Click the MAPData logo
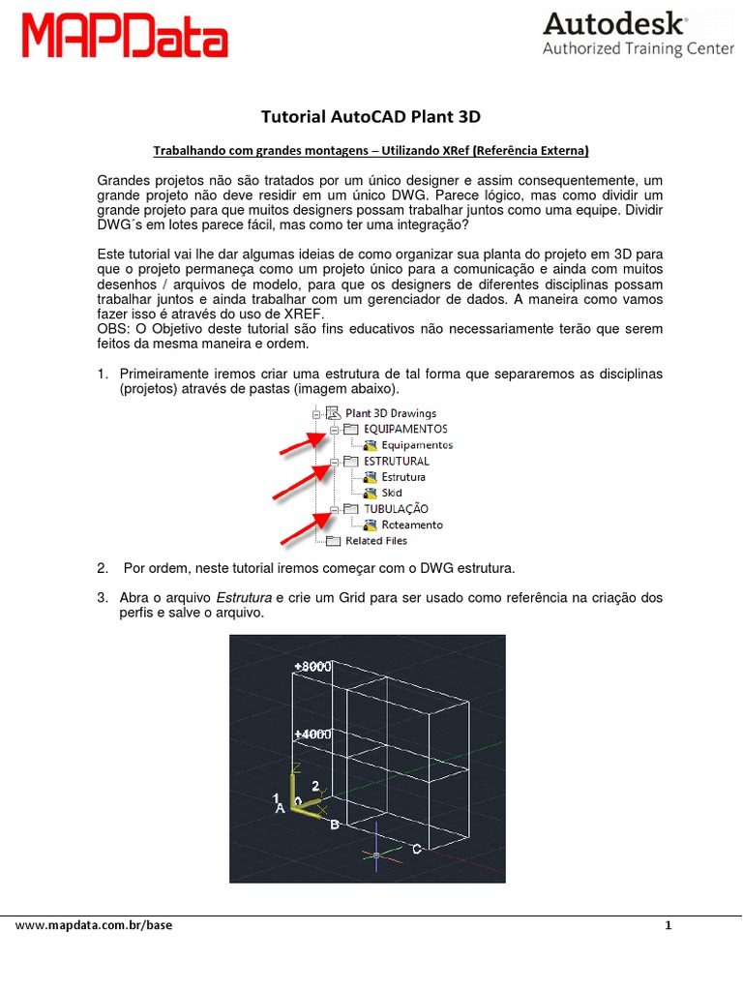tap(125, 38)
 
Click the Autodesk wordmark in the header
tap(616, 24)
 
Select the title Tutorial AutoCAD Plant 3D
tap(371, 117)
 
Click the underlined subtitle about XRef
tap(371, 151)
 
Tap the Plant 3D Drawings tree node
tap(391, 413)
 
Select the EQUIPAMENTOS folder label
tap(404, 429)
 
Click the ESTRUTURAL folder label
tap(396, 461)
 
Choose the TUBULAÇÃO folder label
tap(396, 508)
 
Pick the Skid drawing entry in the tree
tap(392, 493)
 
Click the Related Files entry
tap(376, 541)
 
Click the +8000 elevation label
tap(313, 667)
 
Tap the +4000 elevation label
tap(312, 735)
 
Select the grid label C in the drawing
tap(416, 849)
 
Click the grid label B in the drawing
tap(335, 825)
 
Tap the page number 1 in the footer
tap(668, 925)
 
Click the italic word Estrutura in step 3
tap(244, 598)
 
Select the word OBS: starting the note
tap(115, 329)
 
